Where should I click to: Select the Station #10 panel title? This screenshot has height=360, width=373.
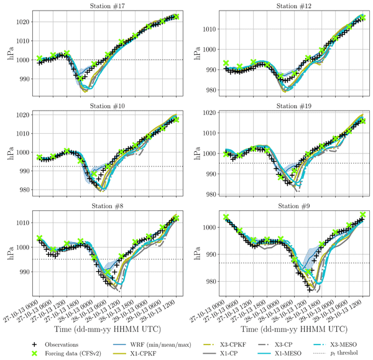pyautogui.click(x=107, y=106)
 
